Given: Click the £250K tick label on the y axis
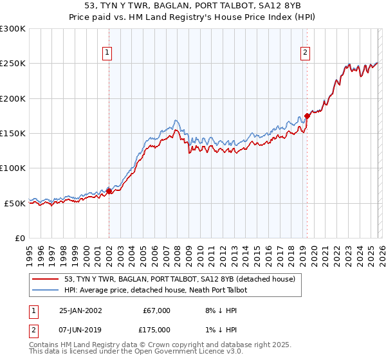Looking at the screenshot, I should click(x=13, y=64).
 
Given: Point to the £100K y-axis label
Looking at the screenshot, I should click(x=13, y=168).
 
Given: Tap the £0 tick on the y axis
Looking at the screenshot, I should click(x=21, y=238).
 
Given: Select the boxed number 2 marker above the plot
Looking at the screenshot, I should click(x=305, y=53).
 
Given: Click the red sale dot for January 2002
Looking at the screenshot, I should click(x=109, y=191).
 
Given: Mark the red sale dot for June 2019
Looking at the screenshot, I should click(x=307, y=116).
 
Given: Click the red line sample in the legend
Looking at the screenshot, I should click(x=46, y=279).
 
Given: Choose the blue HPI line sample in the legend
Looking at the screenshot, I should click(x=46, y=290).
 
